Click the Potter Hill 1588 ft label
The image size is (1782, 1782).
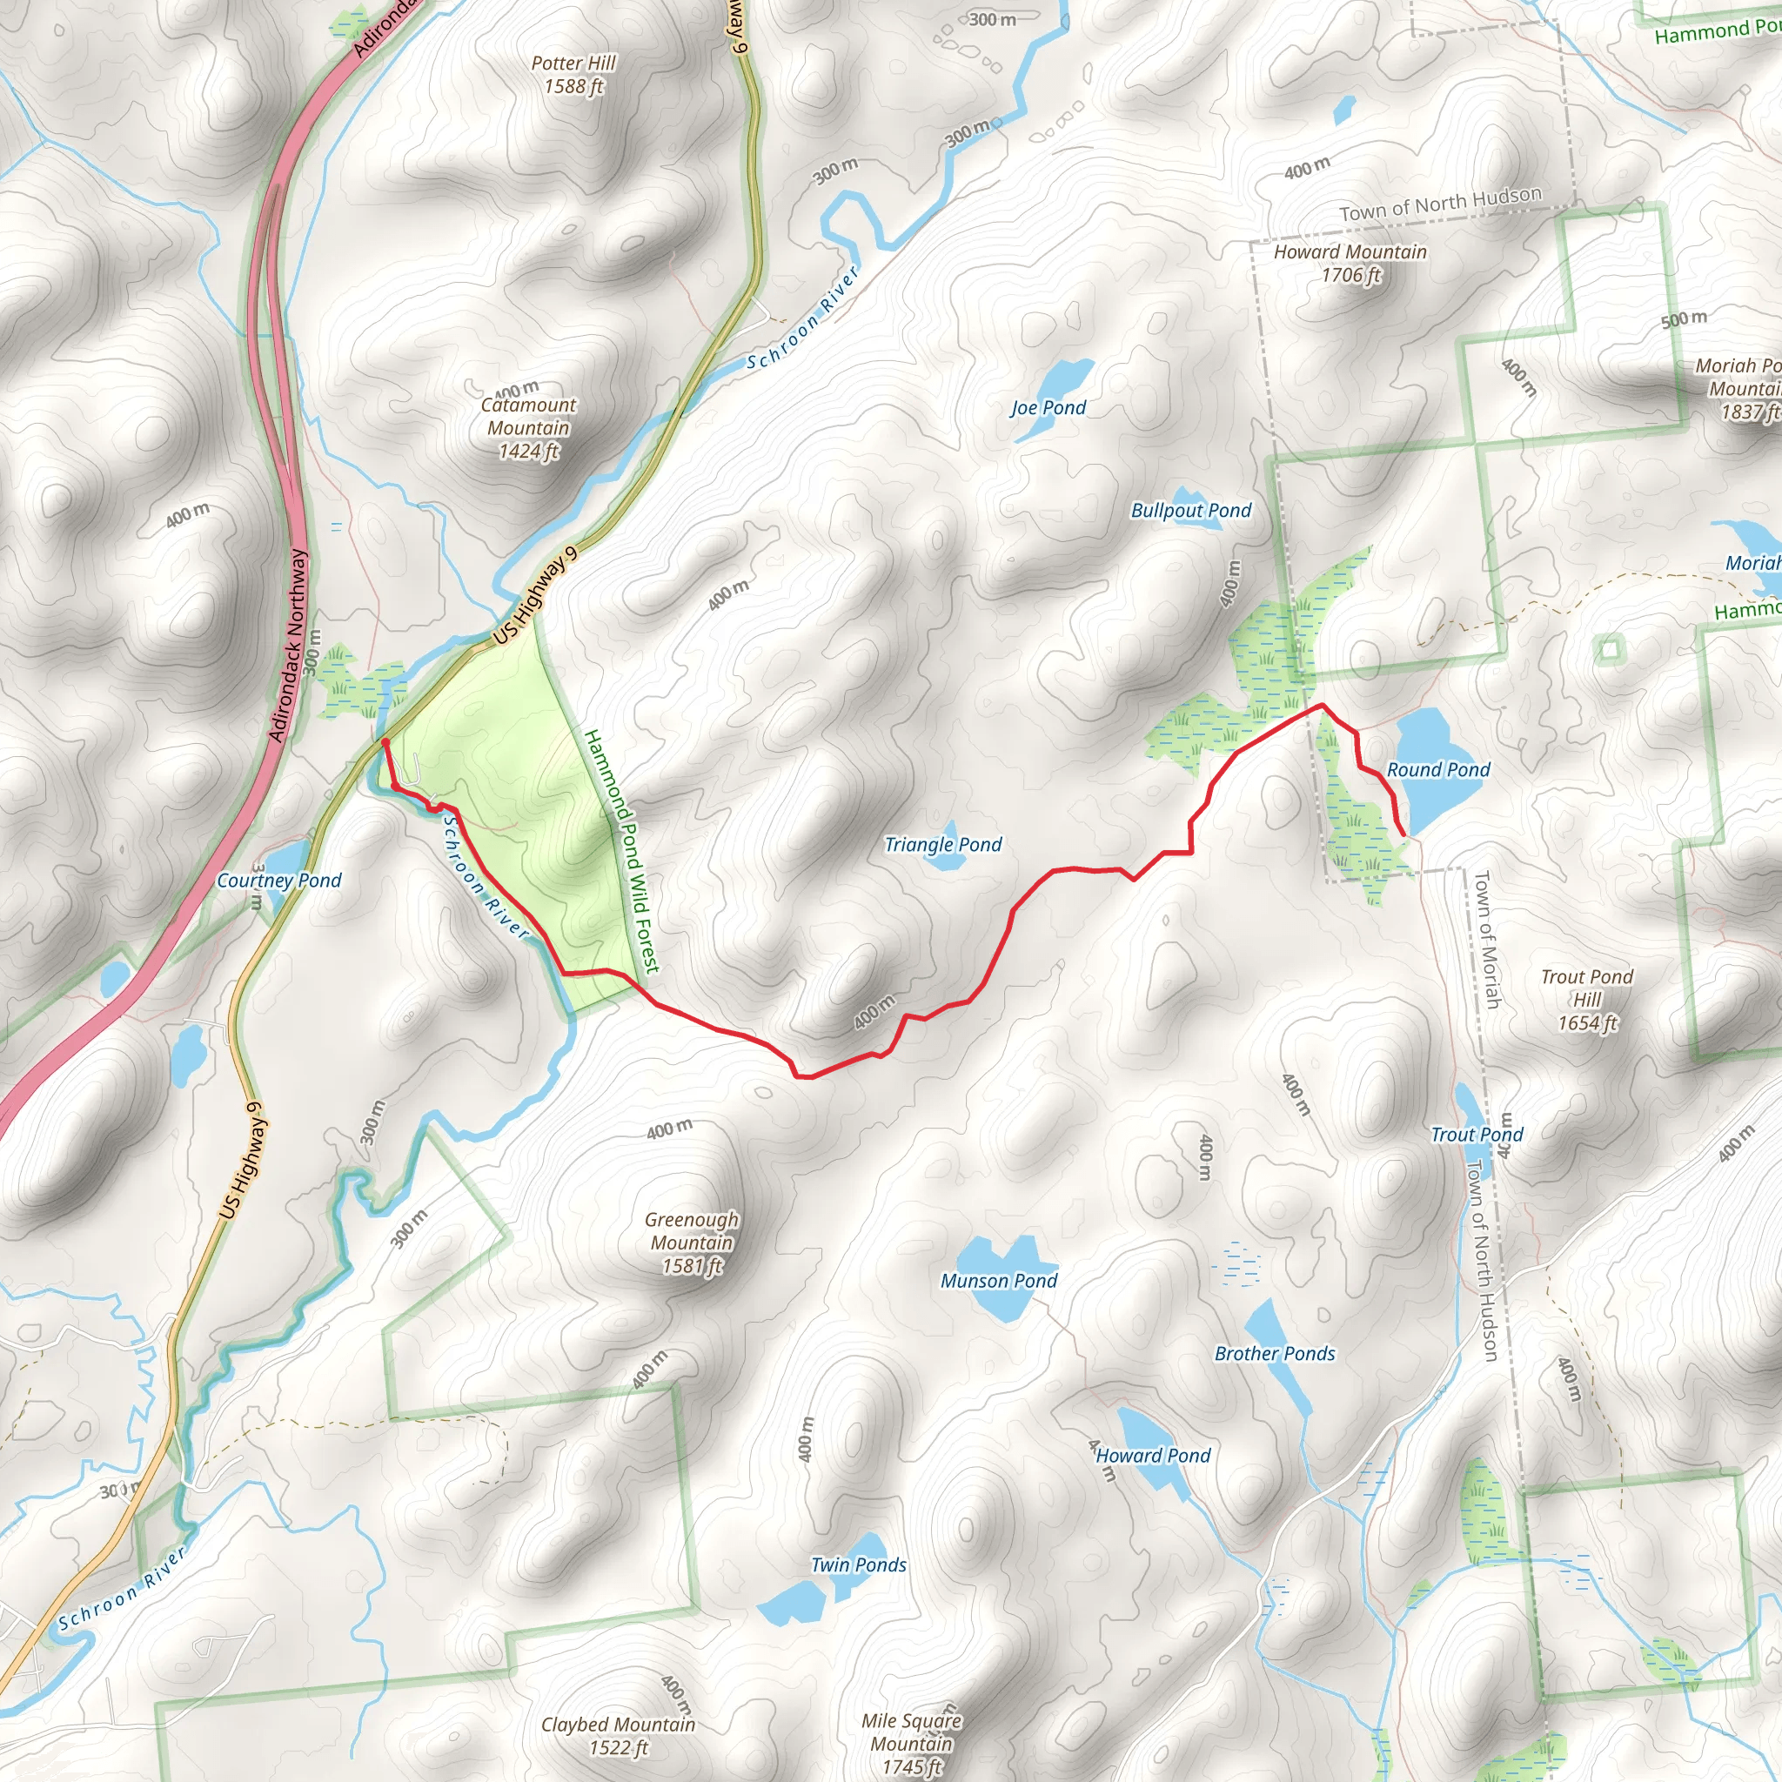pos(573,75)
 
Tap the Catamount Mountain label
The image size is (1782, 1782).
pos(527,428)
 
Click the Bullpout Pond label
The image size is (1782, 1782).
pos(1191,511)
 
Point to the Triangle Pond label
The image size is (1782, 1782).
pos(942,845)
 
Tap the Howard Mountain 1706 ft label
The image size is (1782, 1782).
pos(1350,263)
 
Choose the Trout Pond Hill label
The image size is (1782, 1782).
pos(1586,1000)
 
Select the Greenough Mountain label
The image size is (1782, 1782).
pos(691,1243)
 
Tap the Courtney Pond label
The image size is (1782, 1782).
pos(278,881)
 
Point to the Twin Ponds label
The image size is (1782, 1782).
pos(858,1564)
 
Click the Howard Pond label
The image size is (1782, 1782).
pos(1153,1456)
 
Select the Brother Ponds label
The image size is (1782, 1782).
pos(1274,1354)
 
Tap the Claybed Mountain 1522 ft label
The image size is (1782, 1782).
pos(618,1736)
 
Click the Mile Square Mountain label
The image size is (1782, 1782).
pos(911,1743)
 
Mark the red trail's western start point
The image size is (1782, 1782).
pos(385,740)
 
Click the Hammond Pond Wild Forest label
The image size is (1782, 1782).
pos(623,850)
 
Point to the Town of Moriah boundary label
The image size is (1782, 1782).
pos(1486,939)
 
